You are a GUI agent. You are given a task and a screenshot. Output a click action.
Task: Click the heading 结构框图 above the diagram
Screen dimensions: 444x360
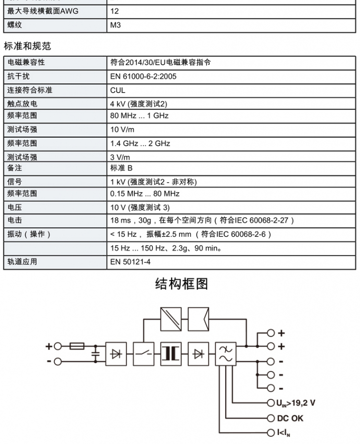[x=181, y=284]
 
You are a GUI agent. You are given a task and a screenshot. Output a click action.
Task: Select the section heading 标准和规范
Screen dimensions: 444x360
[x=27, y=46]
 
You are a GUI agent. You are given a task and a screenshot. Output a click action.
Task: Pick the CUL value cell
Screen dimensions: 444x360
[x=118, y=90]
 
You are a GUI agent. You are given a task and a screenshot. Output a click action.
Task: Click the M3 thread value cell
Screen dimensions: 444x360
[x=115, y=25]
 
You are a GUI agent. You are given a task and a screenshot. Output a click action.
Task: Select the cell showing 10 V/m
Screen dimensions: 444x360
[x=122, y=129]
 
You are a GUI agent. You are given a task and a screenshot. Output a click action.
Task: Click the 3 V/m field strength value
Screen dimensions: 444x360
[x=120, y=157]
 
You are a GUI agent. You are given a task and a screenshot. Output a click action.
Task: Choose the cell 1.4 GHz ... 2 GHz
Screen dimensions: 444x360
[x=140, y=143]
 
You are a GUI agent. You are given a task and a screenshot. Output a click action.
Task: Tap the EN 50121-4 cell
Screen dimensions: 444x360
[x=130, y=262]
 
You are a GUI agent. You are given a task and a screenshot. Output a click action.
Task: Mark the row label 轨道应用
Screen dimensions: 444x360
[x=22, y=262]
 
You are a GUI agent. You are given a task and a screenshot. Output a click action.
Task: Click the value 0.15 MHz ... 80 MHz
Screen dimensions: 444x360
[x=145, y=194]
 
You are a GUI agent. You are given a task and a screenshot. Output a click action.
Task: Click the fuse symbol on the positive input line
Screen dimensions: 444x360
[x=77, y=346]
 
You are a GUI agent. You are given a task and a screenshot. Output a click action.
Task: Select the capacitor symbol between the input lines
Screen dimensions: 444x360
[x=96, y=353]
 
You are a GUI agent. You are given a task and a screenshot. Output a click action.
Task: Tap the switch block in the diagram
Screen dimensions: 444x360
[x=144, y=353]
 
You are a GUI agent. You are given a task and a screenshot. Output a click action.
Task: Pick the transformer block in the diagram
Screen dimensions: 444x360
[x=171, y=353]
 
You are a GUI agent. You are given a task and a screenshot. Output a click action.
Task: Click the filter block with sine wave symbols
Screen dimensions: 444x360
[x=225, y=353]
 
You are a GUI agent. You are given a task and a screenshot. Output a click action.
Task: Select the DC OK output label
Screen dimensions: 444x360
[x=290, y=418]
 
